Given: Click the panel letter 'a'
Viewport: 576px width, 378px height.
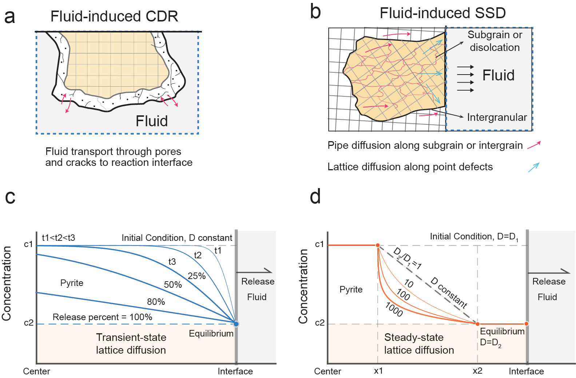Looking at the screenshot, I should coord(10,17).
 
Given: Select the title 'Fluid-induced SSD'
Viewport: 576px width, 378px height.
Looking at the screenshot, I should coord(442,13).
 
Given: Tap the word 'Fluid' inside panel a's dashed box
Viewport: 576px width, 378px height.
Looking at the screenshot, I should coord(152,121).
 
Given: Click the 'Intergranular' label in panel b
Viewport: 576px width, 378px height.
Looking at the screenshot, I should coord(497,117).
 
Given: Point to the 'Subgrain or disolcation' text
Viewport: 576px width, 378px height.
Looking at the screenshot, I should coord(494,41).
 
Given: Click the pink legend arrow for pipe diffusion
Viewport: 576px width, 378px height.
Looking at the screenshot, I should coord(534,145).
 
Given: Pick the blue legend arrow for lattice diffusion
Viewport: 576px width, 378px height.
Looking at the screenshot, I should coord(533,167).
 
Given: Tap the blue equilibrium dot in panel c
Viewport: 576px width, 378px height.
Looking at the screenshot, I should coord(236,323).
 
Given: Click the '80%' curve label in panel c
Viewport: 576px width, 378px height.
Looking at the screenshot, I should coord(156,302).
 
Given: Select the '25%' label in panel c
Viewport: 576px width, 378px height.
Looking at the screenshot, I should coord(196,276).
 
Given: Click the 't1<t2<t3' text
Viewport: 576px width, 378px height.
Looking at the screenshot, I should coord(58,238).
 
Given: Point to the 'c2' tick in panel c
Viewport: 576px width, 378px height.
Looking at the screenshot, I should coord(29,323).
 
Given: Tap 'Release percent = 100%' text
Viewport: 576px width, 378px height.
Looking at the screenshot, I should coord(102,317).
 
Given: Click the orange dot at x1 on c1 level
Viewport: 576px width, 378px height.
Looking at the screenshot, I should coord(378,246).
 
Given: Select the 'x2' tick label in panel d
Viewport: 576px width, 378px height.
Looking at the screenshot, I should coord(477,371).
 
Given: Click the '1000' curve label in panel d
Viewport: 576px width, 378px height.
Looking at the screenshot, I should coord(394,310).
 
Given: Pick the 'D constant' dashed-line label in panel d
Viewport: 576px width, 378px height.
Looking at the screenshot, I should coord(449,293).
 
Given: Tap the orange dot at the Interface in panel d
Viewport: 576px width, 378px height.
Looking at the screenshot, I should coord(526,323).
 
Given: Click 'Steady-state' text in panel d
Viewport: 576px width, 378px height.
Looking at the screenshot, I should coord(414,337).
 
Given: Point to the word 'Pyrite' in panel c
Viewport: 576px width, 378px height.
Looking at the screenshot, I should coord(72,283).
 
